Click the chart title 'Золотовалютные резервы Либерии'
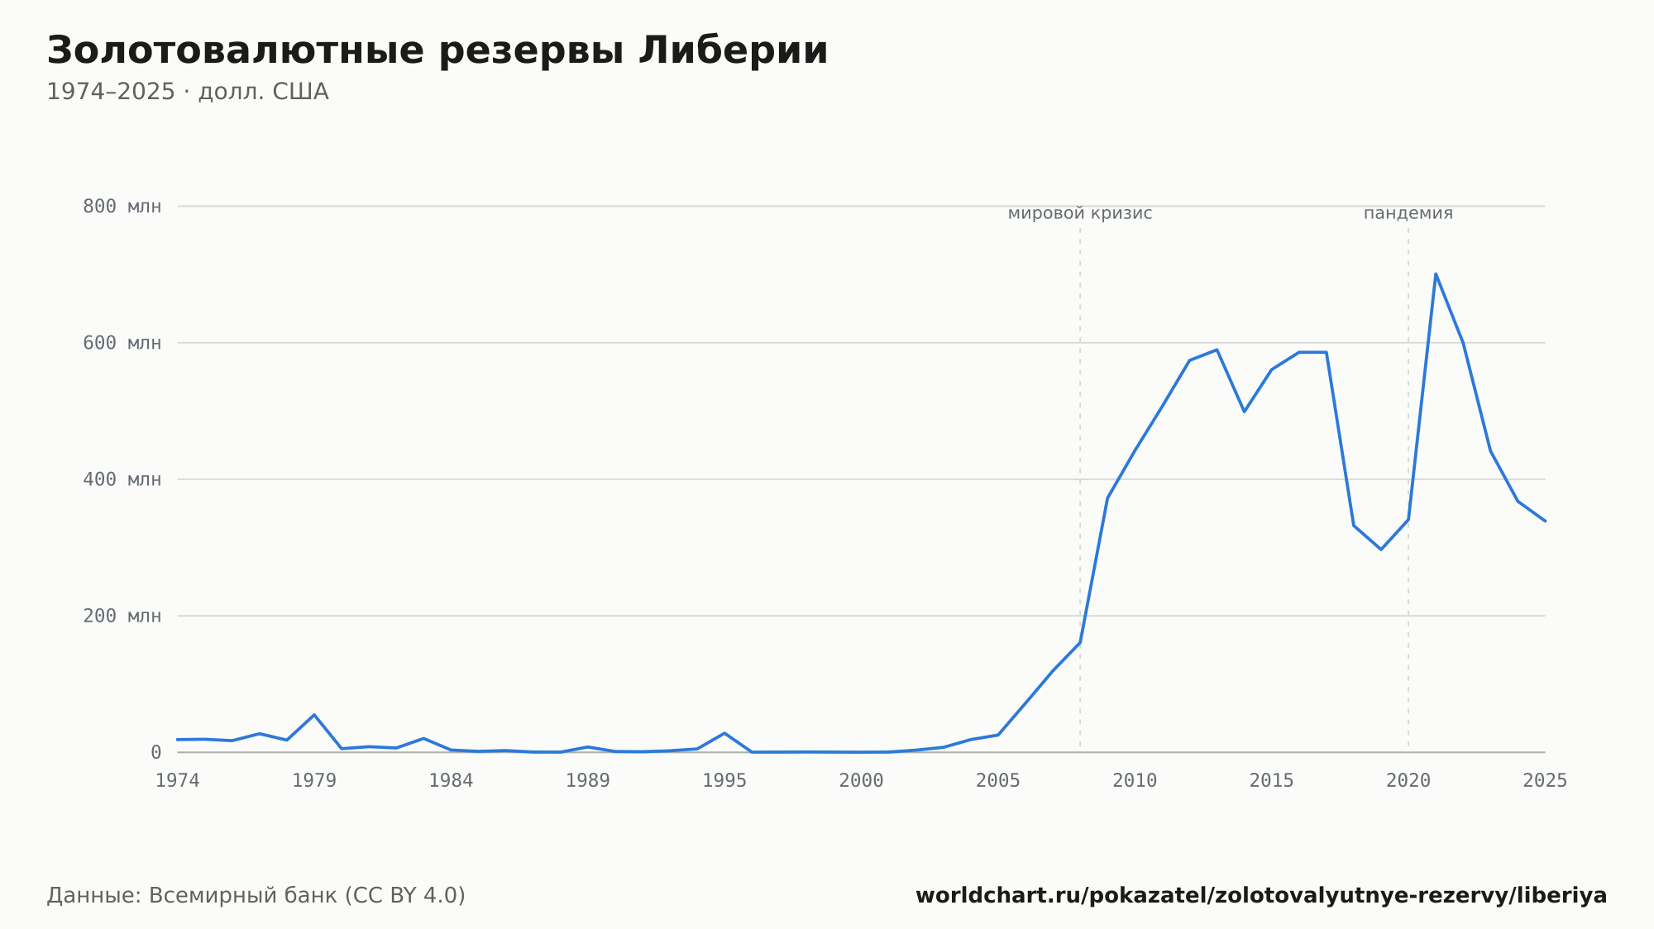[x=437, y=51]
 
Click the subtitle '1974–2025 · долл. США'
[x=188, y=92]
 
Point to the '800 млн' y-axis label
[x=122, y=207]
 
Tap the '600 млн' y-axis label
[x=122, y=343]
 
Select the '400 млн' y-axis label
[x=122, y=479]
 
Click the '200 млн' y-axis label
[x=122, y=616]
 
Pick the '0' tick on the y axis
[x=155, y=752]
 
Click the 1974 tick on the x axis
[x=178, y=781]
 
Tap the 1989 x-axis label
[x=588, y=781]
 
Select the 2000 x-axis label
[x=862, y=781]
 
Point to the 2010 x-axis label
[x=1135, y=781]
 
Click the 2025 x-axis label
[x=1545, y=781]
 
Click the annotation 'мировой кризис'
[x=1080, y=214]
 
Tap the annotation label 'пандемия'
[x=1408, y=213]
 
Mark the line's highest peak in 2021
[x=1436, y=274]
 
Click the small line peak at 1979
[x=314, y=715]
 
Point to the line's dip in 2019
[x=1381, y=550]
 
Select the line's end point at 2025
[x=1545, y=521]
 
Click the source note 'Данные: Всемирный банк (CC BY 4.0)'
[x=256, y=896]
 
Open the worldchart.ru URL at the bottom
[x=1261, y=896]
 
